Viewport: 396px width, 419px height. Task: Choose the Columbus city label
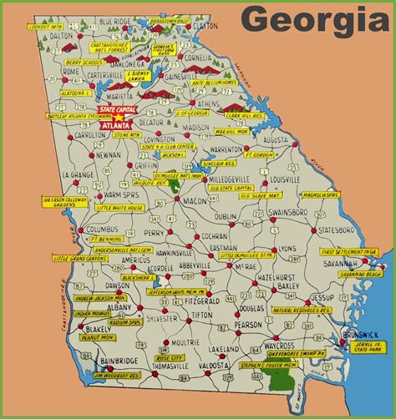[x=102, y=229]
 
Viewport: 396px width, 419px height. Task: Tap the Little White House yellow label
[x=119, y=208]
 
